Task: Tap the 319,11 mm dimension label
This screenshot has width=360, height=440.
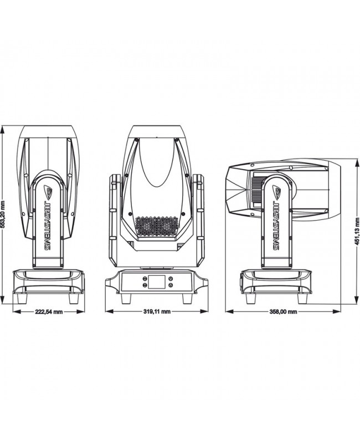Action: pos(156,312)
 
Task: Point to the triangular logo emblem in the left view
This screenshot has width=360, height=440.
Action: pos(48,191)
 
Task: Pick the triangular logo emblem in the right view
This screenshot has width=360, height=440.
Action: pos(275,191)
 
